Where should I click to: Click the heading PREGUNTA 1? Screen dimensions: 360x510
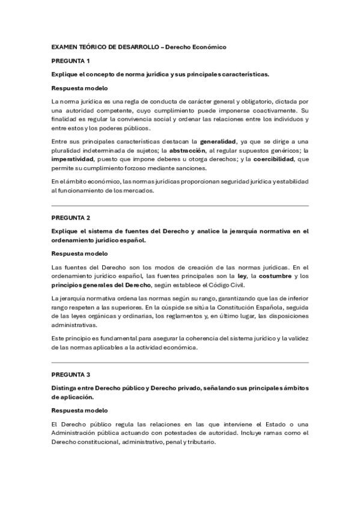[70, 61]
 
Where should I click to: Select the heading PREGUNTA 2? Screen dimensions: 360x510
[70, 217]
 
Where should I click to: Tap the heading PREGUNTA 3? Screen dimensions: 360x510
[70, 373]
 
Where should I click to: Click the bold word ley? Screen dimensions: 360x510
[242, 276]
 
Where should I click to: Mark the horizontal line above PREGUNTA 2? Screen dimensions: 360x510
[180, 206]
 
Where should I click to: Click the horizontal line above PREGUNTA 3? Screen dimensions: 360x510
[180, 362]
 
